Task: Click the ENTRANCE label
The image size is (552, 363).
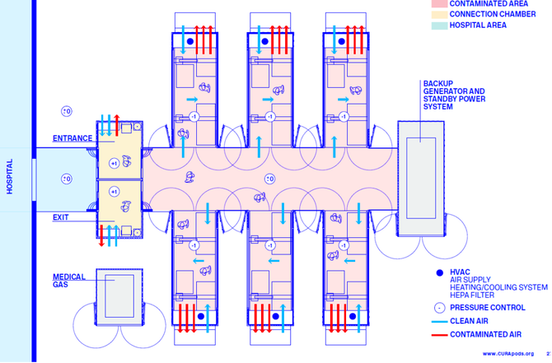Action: pos(73,138)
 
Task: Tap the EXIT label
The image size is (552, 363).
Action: pos(60,217)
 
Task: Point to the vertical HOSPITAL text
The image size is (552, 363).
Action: pos(11,176)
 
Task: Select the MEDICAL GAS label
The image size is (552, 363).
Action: pos(70,281)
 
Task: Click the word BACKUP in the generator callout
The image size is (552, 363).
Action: pos(437,84)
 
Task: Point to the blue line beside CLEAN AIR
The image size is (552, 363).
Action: pos(441,321)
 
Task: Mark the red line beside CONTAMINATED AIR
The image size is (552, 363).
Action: pos(441,336)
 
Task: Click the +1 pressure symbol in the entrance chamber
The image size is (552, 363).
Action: pos(114,163)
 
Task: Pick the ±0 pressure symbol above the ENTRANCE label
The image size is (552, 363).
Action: pos(67,111)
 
